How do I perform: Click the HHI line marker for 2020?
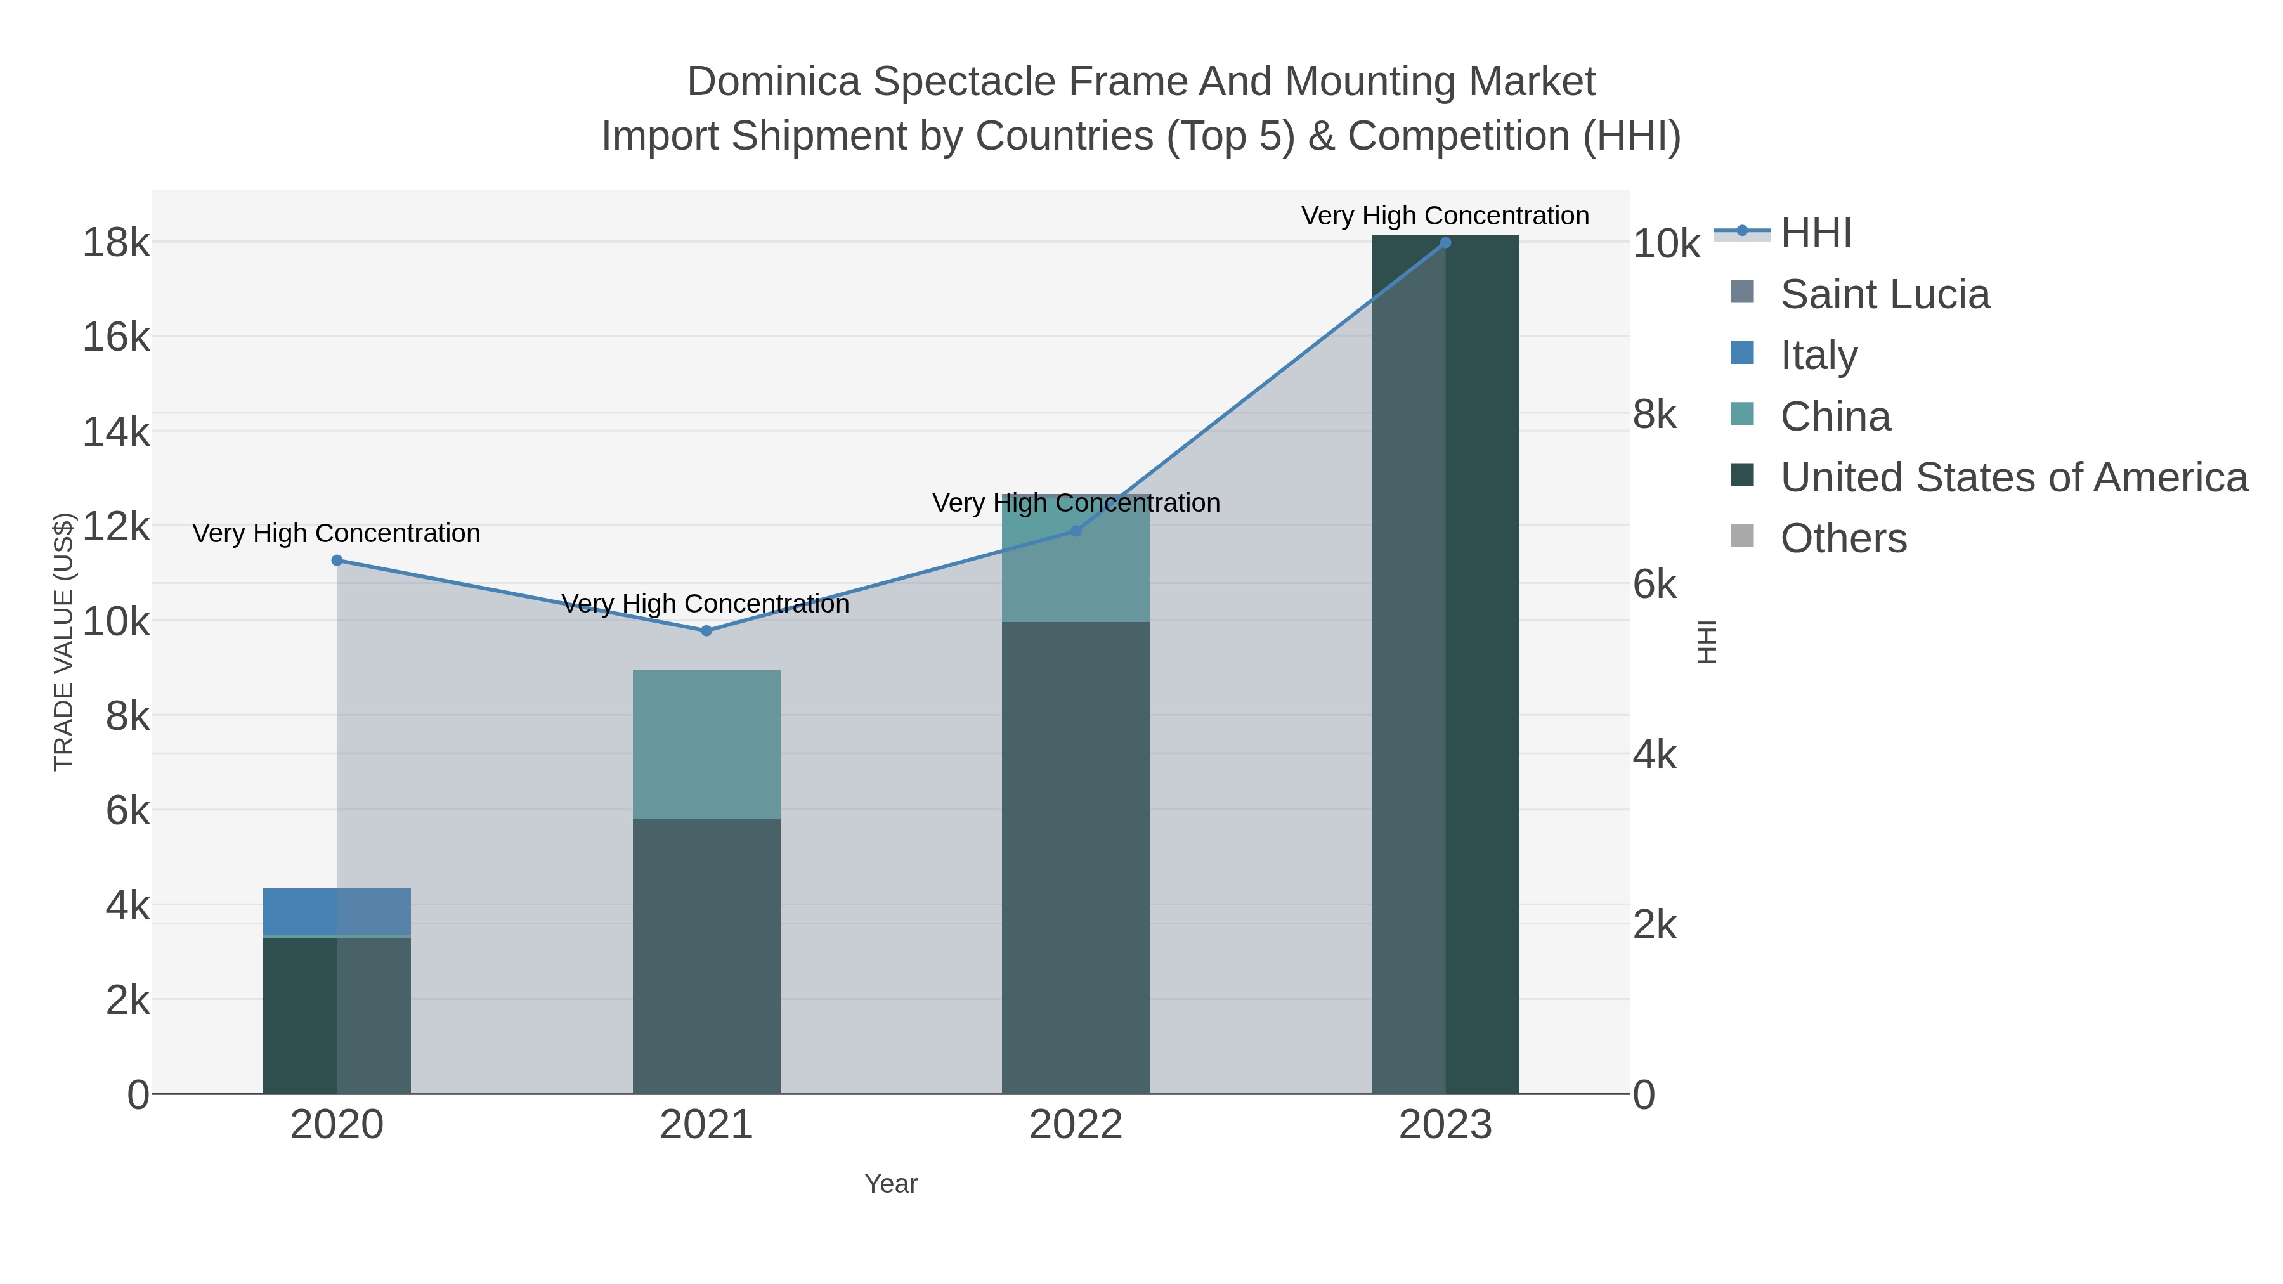(337, 560)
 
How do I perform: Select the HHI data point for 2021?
(706, 631)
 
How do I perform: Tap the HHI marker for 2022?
(1076, 531)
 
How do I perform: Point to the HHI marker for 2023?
(1445, 242)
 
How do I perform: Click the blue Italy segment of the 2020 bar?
(337, 911)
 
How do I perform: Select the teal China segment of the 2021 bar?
(706, 744)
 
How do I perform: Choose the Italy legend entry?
(1819, 355)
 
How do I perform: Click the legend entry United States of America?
(2013, 477)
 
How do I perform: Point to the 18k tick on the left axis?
(116, 243)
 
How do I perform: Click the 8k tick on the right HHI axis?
(1655, 415)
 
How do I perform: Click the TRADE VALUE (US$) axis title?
(64, 642)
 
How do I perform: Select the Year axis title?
(891, 1184)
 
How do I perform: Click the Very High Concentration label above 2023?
(1445, 216)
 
